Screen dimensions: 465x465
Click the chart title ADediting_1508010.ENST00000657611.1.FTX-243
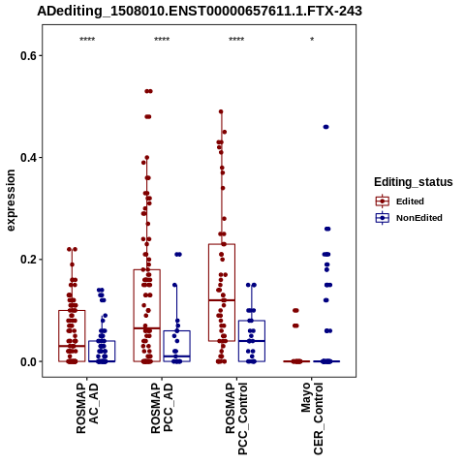200,12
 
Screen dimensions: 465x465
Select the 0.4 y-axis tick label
27,158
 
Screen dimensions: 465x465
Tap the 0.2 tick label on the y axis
27,260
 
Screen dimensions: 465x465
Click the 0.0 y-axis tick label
27,362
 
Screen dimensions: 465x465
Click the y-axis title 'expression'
11,201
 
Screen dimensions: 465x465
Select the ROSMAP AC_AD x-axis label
87,408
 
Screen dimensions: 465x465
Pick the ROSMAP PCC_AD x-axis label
162,408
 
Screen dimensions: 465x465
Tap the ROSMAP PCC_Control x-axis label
236,418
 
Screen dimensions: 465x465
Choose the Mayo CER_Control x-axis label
312,418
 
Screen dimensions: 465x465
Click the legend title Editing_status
414,182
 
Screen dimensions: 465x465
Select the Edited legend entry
400,201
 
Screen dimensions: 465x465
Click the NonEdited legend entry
409,218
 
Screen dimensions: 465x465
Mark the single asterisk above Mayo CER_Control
312,40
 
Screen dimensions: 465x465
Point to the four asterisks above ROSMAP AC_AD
87,40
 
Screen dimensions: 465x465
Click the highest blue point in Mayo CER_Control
325,127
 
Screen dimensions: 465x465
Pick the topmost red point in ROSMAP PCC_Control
221,111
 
